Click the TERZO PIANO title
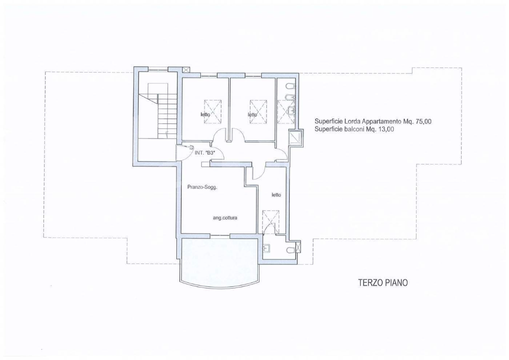[382, 282]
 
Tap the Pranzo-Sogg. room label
[202, 187]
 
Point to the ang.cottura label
[225, 218]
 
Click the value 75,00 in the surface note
[423, 121]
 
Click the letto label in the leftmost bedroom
[205, 114]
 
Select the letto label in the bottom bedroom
[276, 195]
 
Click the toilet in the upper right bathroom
[291, 86]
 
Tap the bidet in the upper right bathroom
[291, 97]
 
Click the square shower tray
[295, 137]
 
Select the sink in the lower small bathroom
[267, 248]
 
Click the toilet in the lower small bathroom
[291, 250]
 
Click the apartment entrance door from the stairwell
[182, 152]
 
